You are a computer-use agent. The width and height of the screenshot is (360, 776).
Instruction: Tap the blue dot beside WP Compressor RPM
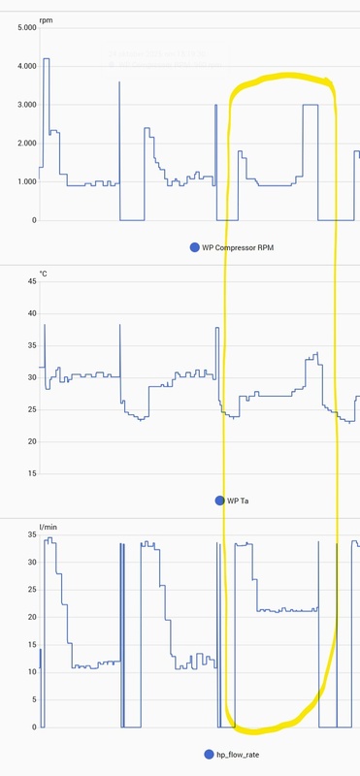pos(195,248)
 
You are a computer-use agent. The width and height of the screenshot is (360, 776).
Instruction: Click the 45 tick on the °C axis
pos(31,281)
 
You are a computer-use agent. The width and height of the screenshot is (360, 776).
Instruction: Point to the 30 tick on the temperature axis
pos(31,377)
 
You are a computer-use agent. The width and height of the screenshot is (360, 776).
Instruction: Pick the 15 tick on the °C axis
pos(31,473)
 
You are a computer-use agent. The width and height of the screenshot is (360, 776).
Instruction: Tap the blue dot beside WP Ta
pos(219,501)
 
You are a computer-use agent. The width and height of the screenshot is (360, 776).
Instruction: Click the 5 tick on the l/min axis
pos(33,699)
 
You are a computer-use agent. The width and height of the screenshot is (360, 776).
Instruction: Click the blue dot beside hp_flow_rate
pos(209,754)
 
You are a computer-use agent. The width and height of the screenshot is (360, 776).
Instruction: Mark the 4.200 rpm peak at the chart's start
pos(46,59)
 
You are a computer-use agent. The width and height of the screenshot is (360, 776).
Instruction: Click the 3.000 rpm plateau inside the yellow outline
pos(311,105)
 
